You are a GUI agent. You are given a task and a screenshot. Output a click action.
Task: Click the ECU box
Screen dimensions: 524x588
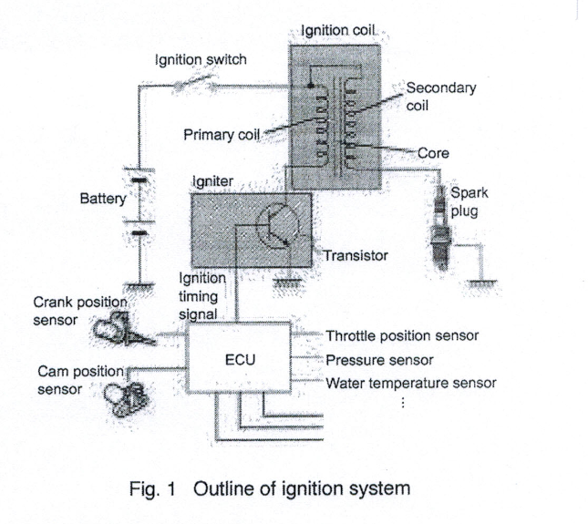coord(240,359)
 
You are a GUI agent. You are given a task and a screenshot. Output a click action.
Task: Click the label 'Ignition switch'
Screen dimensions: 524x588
coord(200,60)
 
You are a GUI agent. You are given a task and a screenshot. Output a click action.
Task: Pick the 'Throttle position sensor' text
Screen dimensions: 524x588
coord(402,335)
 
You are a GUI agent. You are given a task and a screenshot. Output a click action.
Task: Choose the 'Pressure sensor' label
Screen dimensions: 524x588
coord(378,359)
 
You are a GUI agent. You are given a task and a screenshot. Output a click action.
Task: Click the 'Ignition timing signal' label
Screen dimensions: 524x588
coord(198,295)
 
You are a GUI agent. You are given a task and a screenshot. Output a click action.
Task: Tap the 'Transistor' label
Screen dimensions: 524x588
coord(356,256)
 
